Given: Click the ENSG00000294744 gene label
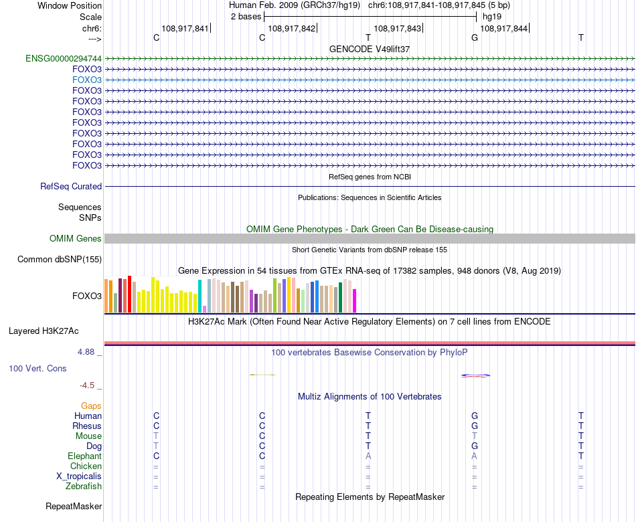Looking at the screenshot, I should [64, 58].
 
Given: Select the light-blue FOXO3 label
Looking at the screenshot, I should [87, 80].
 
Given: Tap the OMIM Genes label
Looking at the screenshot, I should [76, 239].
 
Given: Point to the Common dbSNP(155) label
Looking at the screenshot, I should [60, 260].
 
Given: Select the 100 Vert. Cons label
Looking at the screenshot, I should [38, 369].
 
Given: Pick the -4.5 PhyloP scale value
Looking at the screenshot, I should [89, 385].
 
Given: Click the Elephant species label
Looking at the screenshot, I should [84, 456].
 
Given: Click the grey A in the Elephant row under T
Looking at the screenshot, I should [368, 456].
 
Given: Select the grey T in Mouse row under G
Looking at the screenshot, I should [475, 436].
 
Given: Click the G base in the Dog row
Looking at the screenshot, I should [475, 446].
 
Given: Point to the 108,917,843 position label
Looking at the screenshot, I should [398, 29].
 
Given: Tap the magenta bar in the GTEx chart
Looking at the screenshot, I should [355, 300].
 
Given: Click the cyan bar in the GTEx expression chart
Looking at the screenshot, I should [200, 296].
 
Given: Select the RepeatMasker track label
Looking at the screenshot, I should [74, 507].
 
